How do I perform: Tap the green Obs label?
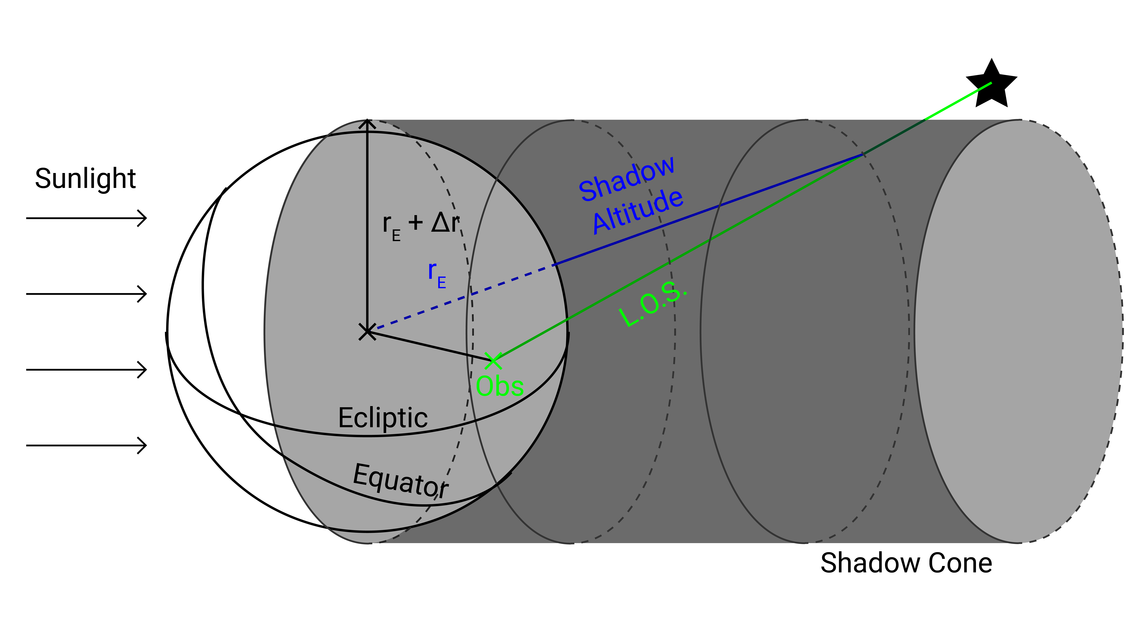point(500,387)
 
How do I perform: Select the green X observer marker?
point(493,361)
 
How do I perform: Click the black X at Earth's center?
point(367,332)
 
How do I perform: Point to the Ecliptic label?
point(383,418)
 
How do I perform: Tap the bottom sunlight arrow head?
point(142,445)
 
